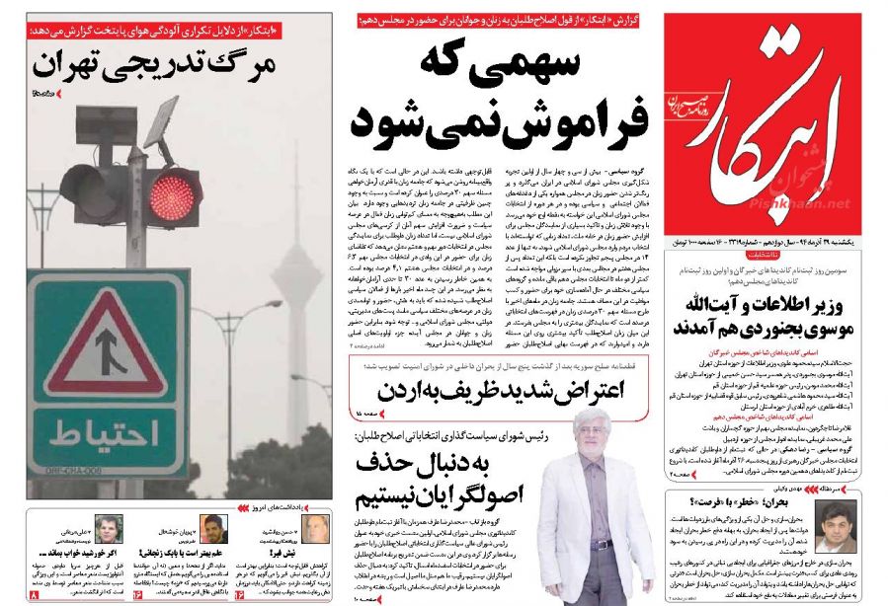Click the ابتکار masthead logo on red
click(x=762, y=118)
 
